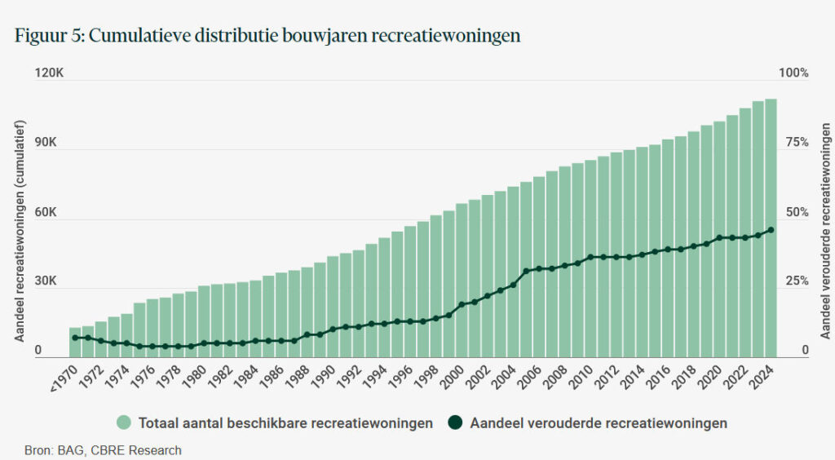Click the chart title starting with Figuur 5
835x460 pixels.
tap(267, 37)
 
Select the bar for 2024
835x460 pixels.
tap(771, 228)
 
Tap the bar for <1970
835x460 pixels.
tap(75, 343)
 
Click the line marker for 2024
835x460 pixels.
tap(771, 230)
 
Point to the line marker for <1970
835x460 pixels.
tap(75, 338)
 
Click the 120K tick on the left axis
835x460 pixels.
tap(49, 73)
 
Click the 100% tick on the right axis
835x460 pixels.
tap(793, 73)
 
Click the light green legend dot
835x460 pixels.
tap(124, 422)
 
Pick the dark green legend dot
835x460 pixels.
tap(455, 422)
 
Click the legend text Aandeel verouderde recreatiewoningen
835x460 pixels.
tap(598, 423)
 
